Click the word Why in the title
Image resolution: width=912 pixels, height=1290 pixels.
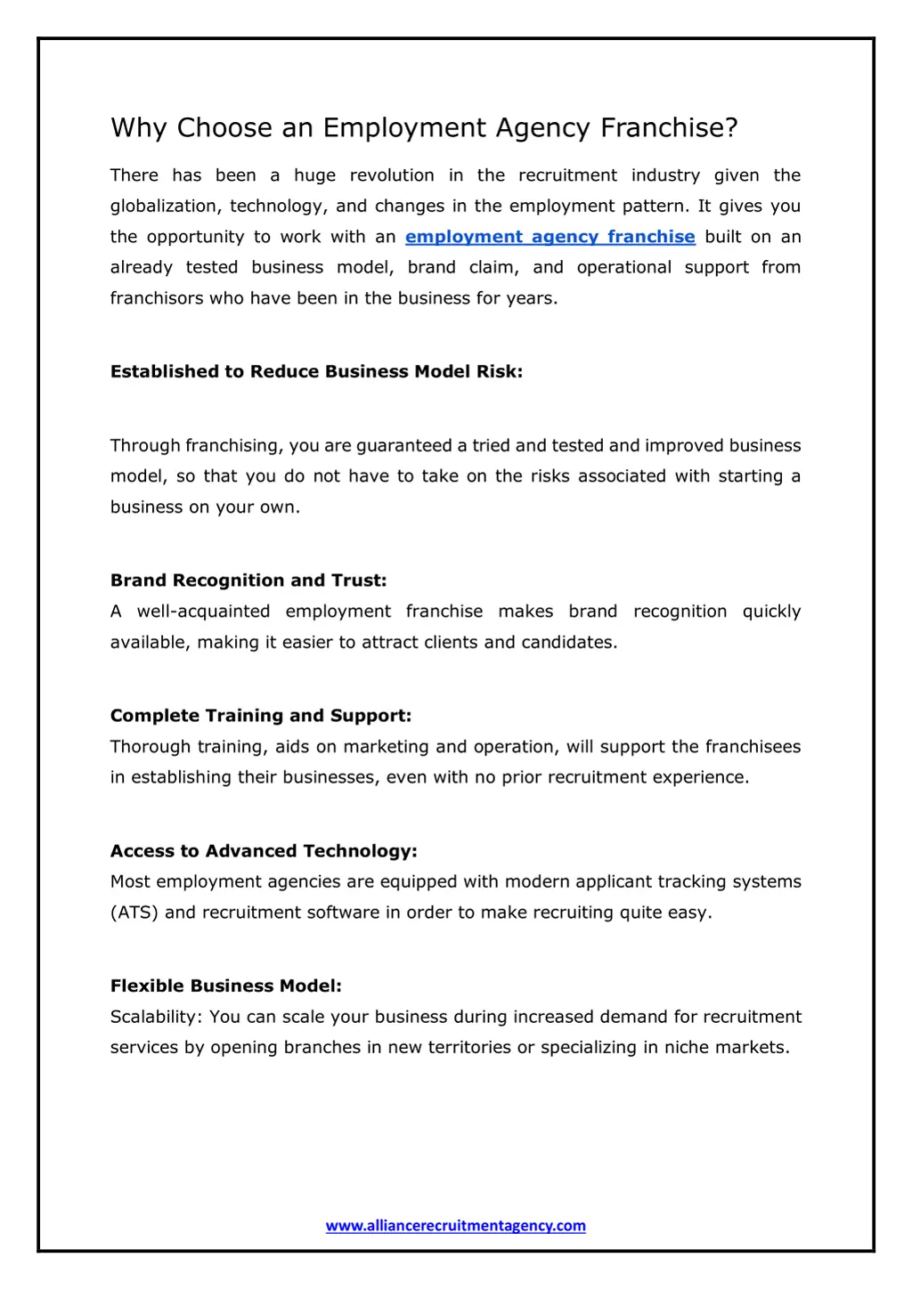coord(139,128)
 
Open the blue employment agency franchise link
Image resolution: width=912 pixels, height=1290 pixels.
coord(550,237)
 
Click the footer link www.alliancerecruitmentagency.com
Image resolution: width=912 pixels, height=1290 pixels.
coord(455,1226)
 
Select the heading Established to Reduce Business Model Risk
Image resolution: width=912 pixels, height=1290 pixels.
coord(316,372)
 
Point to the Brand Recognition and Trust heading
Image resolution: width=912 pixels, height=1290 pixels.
coord(248,580)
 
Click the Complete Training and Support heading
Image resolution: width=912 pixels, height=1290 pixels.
coord(261,716)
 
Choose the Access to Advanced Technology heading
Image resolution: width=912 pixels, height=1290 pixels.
coord(264,851)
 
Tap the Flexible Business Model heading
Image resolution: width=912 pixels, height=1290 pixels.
coord(226,986)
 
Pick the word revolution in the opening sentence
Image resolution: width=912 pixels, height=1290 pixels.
coord(392,175)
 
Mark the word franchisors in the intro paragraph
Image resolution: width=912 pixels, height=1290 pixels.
coord(157,298)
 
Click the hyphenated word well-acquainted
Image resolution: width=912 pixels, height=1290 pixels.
coord(203,612)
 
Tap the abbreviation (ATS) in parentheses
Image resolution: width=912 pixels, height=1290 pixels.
coord(134,913)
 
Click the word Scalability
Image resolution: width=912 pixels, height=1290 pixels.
coord(155,1017)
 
